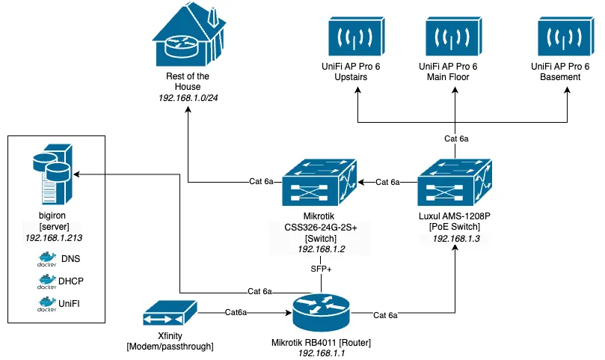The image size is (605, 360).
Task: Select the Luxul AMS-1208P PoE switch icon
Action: [x=454, y=183]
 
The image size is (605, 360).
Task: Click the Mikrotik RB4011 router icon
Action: [x=320, y=309]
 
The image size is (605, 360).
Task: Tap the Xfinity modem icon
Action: [x=170, y=314]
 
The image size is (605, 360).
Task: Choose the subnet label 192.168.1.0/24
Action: [x=188, y=98]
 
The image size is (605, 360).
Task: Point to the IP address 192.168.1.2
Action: [x=322, y=248]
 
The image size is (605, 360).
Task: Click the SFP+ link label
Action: [x=321, y=268]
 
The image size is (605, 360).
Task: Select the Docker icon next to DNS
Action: [x=47, y=259]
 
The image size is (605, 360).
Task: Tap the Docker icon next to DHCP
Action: [x=47, y=281]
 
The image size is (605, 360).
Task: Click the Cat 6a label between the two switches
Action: [x=387, y=182]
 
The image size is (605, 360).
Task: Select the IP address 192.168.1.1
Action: [x=321, y=353]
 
